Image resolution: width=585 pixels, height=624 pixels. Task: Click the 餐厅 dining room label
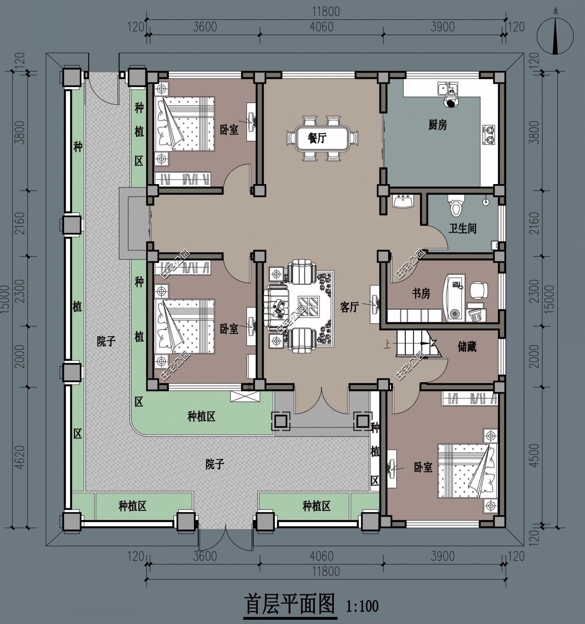click(317, 138)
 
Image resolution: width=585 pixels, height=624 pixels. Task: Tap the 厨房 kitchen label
click(438, 125)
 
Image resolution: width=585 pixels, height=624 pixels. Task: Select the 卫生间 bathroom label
click(463, 228)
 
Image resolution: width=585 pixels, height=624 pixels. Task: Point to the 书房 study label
click(421, 293)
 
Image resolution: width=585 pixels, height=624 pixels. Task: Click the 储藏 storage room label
click(467, 346)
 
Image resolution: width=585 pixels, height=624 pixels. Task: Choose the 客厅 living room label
click(349, 307)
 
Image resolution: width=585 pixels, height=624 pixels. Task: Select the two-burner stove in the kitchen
click(489, 135)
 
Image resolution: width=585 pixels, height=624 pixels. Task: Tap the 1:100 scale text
click(362, 606)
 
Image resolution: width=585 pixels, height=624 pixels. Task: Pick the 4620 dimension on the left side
click(19, 457)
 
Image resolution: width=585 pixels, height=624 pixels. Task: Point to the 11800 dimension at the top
click(326, 11)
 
